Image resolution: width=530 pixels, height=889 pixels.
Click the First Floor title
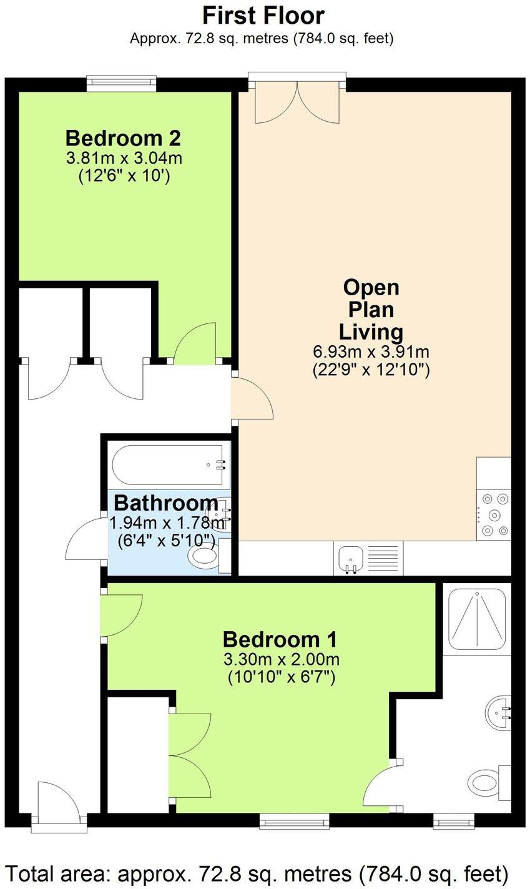coord(263,16)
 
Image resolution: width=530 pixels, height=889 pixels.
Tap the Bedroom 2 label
coord(124,138)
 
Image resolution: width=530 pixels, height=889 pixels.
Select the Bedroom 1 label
coord(280,640)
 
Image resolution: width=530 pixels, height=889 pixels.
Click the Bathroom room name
coord(166,503)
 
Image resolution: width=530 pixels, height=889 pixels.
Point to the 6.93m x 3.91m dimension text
coord(371,351)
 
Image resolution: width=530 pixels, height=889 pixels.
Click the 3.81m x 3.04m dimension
coord(124,159)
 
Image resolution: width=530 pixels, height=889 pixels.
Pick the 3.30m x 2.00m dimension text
coord(282,660)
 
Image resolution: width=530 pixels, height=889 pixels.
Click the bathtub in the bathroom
coord(169,464)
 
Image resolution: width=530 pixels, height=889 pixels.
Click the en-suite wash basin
coord(499,712)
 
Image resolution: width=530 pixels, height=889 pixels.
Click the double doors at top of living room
coord(297,99)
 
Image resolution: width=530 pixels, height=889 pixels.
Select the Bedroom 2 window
coord(121,82)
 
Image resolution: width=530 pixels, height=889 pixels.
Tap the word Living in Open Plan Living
coord(371,332)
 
